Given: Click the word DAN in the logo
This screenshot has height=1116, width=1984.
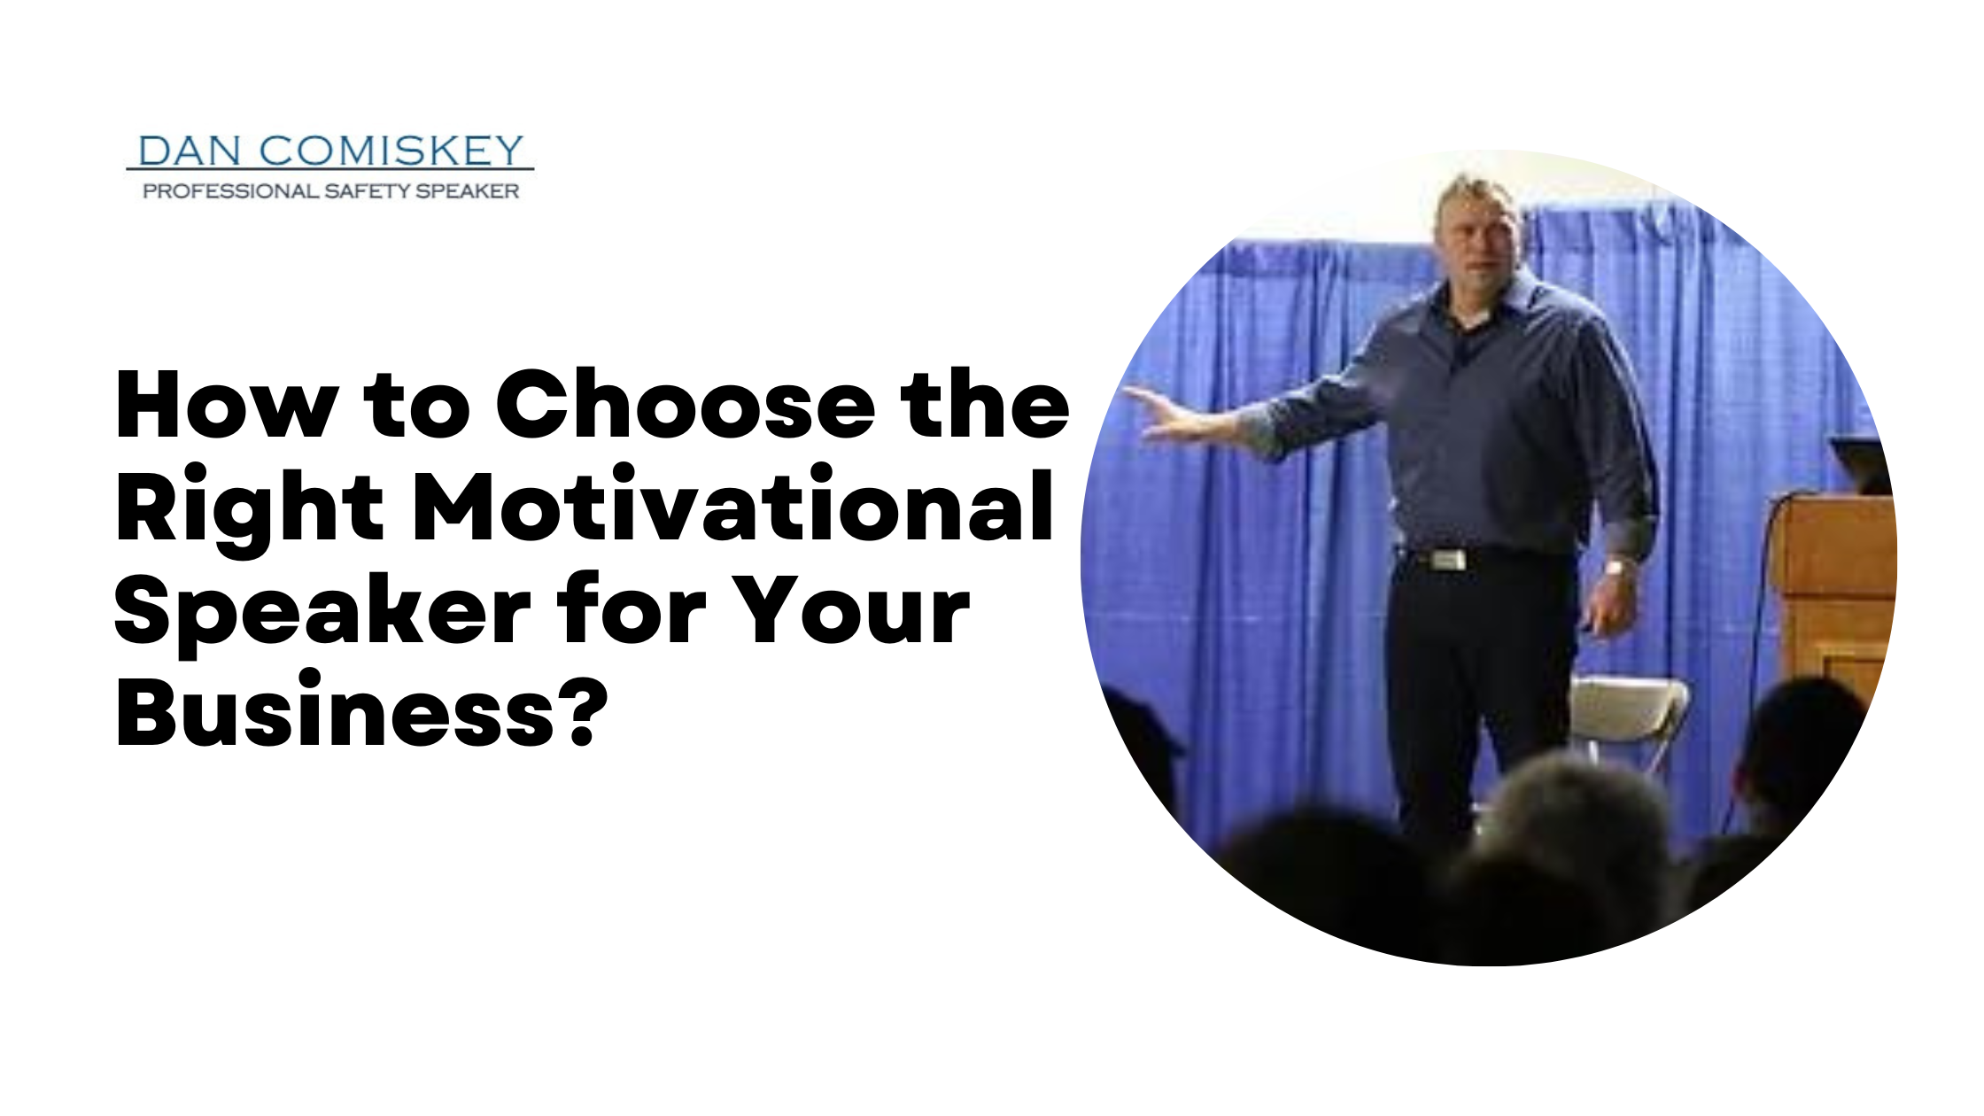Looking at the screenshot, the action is (190, 151).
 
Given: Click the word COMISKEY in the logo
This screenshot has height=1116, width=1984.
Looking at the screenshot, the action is (391, 151).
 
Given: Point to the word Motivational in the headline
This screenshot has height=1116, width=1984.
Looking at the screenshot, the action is (733, 505).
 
